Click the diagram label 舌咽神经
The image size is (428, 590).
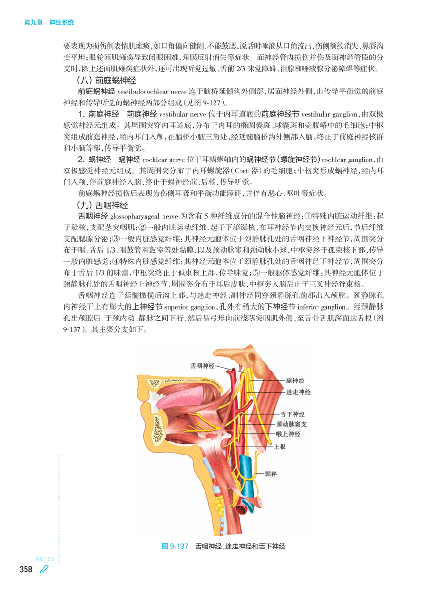(x=203, y=365)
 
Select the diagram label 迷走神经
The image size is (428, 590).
(x=298, y=392)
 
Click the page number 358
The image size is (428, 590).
(x=26, y=570)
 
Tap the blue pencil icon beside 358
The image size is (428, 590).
(x=44, y=570)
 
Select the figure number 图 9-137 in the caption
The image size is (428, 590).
(x=175, y=547)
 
